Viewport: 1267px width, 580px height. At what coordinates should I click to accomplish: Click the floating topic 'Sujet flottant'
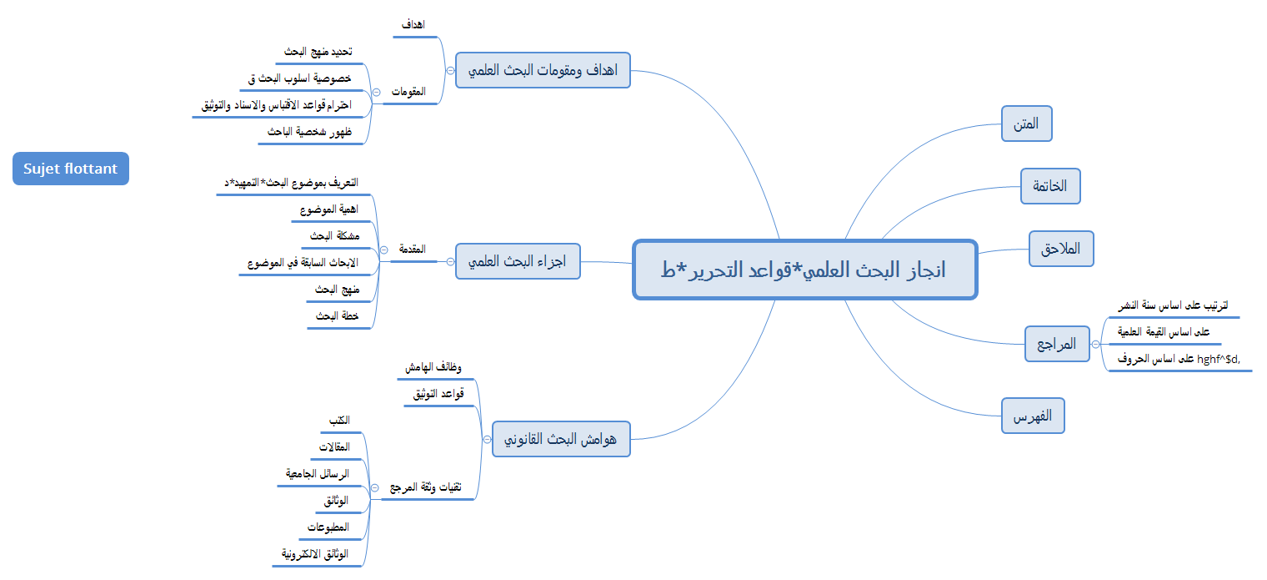point(71,169)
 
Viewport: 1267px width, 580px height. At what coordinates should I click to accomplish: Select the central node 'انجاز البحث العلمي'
point(804,270)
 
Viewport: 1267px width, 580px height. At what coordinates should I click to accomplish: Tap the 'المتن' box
point(1026,124)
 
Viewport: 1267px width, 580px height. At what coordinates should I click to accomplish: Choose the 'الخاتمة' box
point(1050,186)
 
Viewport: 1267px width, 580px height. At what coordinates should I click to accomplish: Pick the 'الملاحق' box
point(1060,249)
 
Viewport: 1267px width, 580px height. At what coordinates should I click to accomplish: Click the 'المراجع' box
point(1056,343)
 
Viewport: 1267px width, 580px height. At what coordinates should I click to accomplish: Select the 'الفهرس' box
point(1033,416)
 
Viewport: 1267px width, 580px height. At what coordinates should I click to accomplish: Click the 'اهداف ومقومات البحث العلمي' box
point(543,70)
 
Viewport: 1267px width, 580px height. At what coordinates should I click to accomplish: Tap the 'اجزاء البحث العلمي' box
point(518,261)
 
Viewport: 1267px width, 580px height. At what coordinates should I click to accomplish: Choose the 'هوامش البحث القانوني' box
point(561,438)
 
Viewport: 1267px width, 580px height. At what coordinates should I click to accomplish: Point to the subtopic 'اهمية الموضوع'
point(328,209)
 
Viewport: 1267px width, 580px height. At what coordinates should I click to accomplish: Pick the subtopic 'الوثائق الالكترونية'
point(313,553)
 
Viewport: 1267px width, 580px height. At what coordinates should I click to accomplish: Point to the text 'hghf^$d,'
point(1225,359)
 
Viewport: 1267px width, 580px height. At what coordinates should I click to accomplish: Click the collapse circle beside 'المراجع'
point(1096,343)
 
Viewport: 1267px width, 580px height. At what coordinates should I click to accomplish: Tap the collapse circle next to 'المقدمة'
point(383,250)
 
